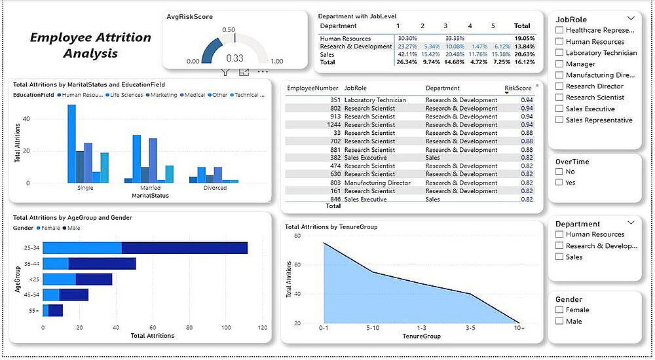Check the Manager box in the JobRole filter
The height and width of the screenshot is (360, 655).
click(x=559, y=64)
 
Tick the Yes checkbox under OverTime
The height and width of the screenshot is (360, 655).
click(x=559, y=183)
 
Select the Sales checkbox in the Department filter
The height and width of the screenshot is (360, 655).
click(x=559, y=257)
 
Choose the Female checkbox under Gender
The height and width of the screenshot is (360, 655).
click(x=559, y=310)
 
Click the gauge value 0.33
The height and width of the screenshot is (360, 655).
click(x=234, y=58)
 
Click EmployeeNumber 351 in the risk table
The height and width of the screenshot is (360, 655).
click(x=331, y=100)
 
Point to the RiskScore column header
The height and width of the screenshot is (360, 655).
click(x=517, y=88)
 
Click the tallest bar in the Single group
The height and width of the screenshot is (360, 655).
click(x=71, y=143)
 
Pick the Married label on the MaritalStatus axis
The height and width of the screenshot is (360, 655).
click(x=150, y=188)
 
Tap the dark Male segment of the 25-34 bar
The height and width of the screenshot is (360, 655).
click(x=184, y=248)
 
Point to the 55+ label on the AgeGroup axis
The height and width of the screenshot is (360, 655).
click(x=34, y=311)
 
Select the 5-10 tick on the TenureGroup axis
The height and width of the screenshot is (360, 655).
click(x=372, y=327)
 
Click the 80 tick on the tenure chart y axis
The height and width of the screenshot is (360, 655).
click(x=296, y=236)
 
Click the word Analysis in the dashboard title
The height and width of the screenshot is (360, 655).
click(x=90, y=53)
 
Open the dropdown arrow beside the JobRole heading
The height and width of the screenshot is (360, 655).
click(x=631, y=18)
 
